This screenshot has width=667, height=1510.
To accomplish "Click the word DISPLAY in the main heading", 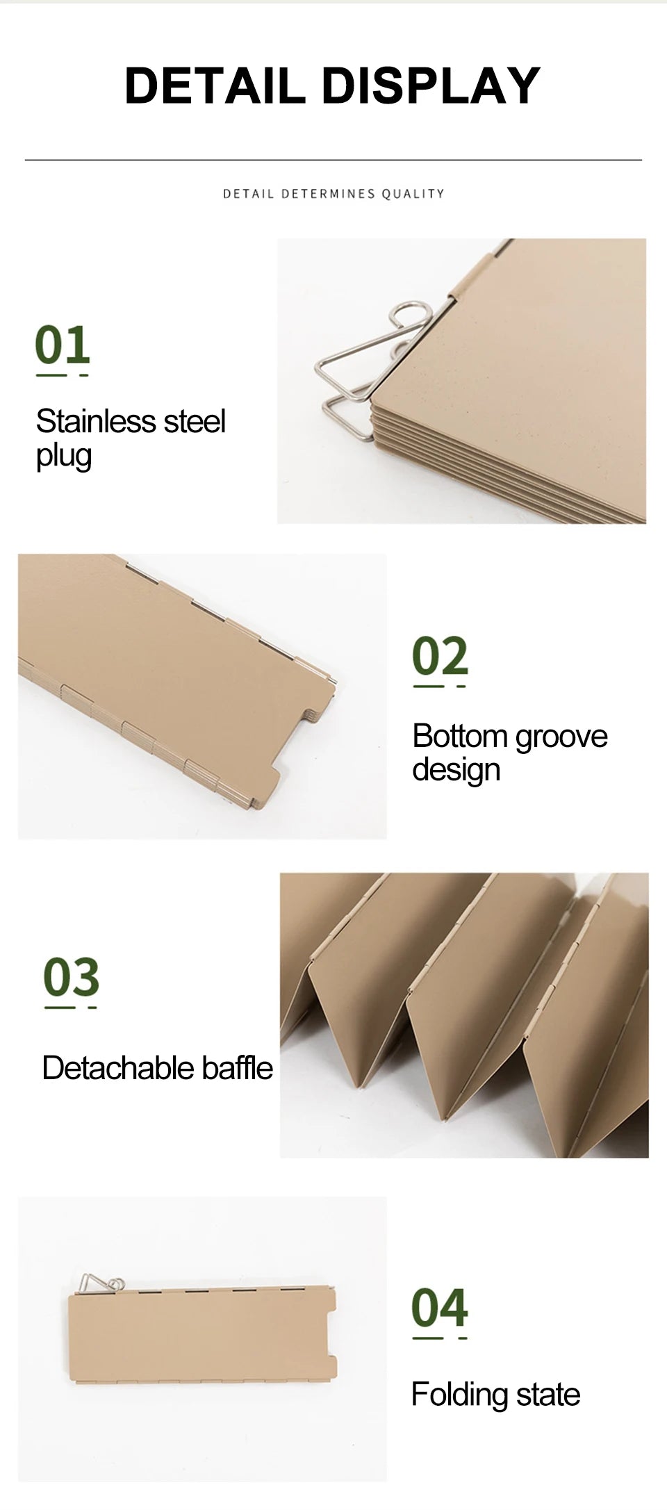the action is click(431, 85).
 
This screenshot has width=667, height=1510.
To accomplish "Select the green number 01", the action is click(63, 345).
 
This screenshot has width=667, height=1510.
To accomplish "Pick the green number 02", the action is click(440, 655).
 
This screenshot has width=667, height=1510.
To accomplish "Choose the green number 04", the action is click(439, 1307).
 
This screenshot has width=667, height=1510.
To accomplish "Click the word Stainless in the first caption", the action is click(96, 421).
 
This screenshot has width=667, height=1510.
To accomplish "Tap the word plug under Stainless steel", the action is click(64, 457).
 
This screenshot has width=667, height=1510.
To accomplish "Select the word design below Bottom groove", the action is click(456, 771).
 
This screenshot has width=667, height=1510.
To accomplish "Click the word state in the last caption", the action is click(548, 1395).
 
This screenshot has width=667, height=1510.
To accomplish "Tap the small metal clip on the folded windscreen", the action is click(101, 1284).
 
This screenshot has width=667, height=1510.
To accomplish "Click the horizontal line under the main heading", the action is click(333, 161).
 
